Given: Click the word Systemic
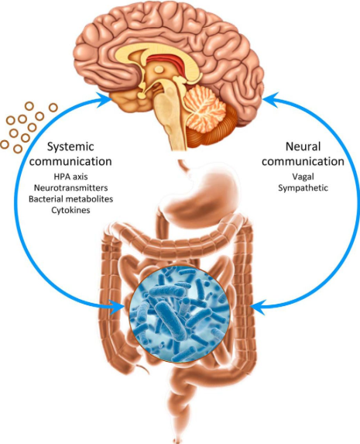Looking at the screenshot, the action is [70, 146].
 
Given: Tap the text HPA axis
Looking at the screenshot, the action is [70, 177].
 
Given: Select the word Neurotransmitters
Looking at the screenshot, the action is [70, 188].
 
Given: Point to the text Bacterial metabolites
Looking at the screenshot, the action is [70, 199].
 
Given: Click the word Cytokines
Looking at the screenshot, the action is [70, 210].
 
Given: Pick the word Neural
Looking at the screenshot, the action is [303, 146].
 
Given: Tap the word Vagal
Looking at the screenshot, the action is [303, 177].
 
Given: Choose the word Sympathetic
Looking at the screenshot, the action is [303, 188].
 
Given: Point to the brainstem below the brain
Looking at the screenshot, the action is [170, 122].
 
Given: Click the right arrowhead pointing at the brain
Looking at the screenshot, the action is [271, 99].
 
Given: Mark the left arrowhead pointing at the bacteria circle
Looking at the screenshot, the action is [117, 307].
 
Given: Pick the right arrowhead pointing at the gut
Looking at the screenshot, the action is [258, 307].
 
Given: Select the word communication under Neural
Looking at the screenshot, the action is [303, 161].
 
